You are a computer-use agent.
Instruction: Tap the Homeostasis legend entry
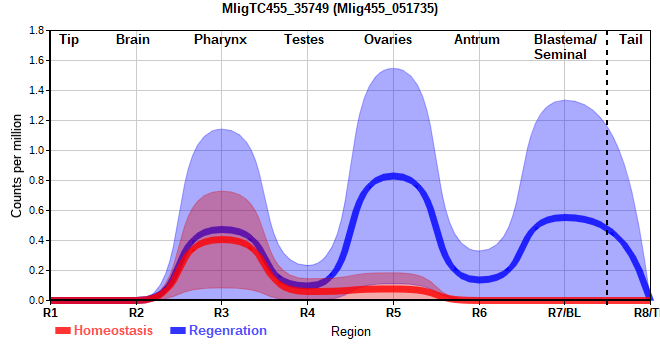104,331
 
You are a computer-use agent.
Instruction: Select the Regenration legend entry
218,331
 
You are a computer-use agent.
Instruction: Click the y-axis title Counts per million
16,165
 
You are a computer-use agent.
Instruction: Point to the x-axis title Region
351,331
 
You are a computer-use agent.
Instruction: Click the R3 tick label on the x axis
221,313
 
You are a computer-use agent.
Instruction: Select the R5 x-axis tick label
394,313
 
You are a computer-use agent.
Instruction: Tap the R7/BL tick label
564,313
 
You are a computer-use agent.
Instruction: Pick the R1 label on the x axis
51,313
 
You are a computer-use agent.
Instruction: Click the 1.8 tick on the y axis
37,30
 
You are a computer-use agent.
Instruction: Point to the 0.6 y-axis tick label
37,211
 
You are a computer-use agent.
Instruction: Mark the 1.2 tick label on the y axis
37,120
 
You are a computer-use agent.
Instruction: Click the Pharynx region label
220,40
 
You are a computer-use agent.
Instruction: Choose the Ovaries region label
388,40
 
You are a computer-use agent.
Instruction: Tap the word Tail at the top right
631,40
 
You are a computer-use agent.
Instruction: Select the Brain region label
133,40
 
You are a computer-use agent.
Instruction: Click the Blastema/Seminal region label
565,47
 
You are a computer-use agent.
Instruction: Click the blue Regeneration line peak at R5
393,176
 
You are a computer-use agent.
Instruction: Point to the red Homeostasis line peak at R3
221,240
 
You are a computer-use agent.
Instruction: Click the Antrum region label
476,40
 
